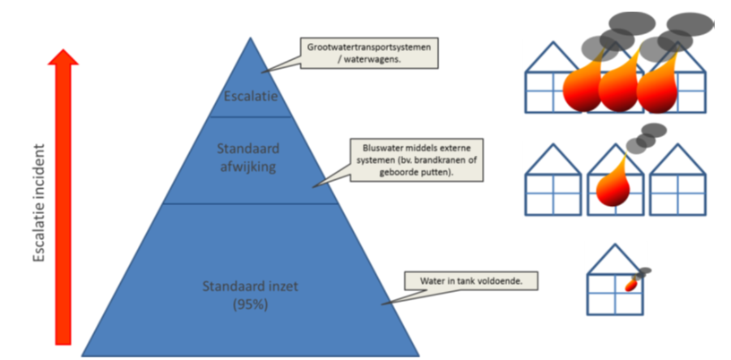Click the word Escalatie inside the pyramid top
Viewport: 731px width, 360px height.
251,96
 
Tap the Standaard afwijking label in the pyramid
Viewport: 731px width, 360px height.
248,158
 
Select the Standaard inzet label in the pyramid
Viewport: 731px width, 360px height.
250,286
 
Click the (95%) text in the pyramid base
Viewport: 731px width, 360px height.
250,305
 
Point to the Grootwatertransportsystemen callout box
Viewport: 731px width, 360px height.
369,53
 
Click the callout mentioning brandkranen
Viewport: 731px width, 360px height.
417,160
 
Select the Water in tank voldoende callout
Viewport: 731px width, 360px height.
471,281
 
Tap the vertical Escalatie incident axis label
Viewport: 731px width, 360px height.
39,203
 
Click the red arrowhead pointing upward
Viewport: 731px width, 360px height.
63,57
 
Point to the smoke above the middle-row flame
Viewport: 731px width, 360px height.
646,138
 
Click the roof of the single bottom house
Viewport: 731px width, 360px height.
615,259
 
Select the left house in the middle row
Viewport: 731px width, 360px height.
553,180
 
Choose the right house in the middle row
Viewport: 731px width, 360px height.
677,180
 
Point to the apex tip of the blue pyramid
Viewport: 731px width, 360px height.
250,38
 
